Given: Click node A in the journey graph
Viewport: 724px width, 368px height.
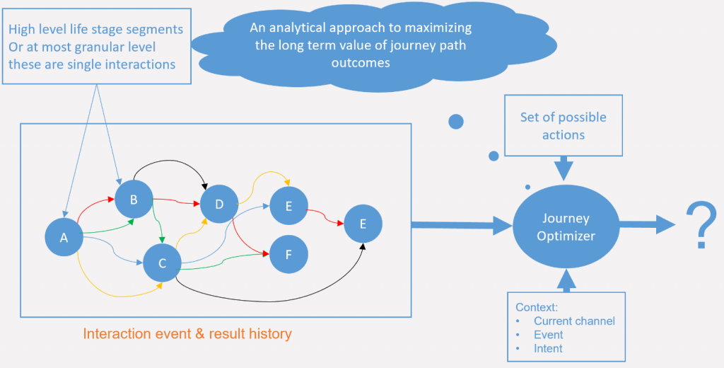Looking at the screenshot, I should tap(64, 238).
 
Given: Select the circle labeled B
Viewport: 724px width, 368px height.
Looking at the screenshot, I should tap(134, 200).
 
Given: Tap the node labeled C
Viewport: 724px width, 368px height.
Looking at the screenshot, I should tap(162, 263).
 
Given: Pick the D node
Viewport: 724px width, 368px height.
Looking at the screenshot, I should tap(219, 205).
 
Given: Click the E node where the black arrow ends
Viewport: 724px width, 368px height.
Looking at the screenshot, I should tap(363, 224).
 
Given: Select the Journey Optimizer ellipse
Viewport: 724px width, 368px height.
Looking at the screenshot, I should tap(565, 227).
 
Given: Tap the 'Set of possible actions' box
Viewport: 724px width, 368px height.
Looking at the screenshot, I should tap(563, 125).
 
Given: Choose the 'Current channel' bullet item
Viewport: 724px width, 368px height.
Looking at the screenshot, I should tap(573, 321).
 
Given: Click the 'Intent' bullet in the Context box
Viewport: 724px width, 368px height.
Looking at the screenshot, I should tap(548, 348).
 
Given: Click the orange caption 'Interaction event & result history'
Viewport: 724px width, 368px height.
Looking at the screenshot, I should tap(187, 334).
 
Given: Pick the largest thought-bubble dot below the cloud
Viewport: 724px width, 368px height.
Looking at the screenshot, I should tap(456, 121).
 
